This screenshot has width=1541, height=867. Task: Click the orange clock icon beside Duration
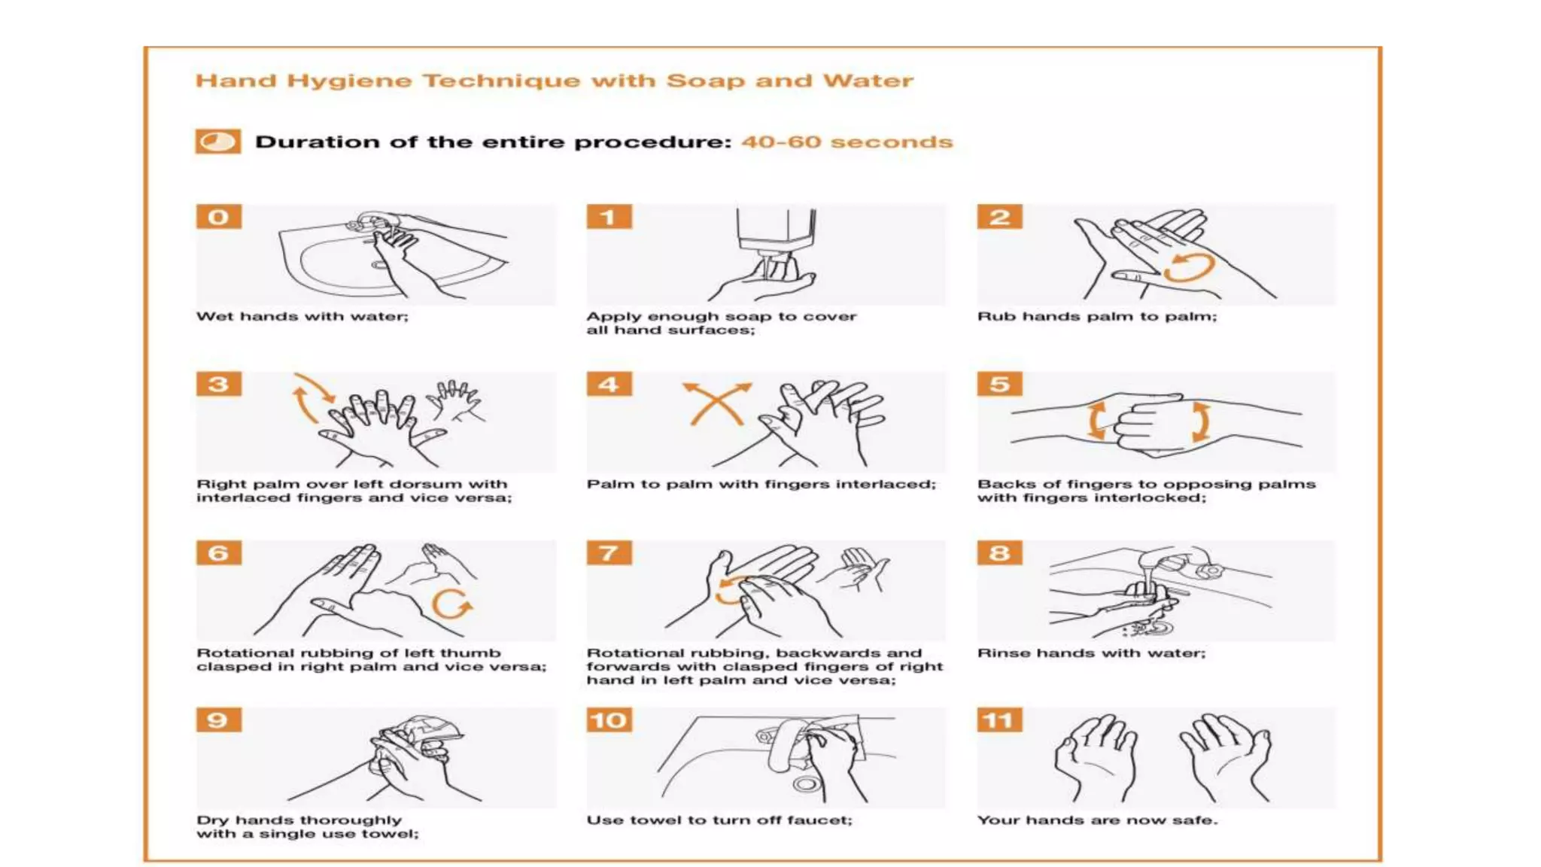[218, 141]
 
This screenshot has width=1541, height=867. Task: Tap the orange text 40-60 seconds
[846, 142]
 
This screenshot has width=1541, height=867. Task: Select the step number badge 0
[219, 217]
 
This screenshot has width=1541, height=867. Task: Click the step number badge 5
[999, 385]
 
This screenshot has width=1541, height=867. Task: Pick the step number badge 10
[609, 720]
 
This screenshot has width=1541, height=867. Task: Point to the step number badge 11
[999, 720]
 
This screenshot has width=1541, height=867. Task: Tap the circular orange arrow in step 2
[1189, 267]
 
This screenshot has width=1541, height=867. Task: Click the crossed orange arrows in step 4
[716, 403]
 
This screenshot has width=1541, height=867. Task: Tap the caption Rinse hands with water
[1091, 653]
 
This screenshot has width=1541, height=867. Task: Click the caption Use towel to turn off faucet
[719, 820]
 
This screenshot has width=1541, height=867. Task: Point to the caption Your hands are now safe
[1096, 820]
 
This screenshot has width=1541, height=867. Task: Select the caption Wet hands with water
[302, 317]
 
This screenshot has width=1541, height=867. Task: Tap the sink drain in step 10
[806, 784]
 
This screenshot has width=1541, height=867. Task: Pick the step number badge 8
[999, 553]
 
